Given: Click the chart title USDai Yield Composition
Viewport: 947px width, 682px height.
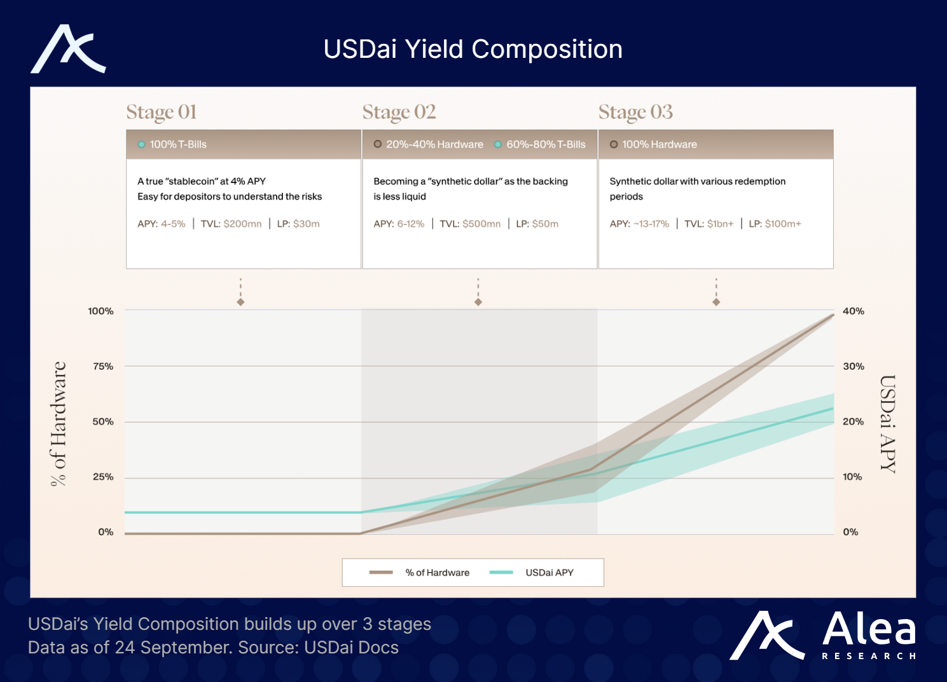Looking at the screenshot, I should tap(473, 50).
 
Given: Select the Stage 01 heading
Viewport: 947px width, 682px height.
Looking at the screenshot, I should tap(162, 112).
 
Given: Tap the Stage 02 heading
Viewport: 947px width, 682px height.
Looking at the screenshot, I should tap(399, 112).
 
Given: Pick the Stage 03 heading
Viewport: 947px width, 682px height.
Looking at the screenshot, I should tap(635, 112).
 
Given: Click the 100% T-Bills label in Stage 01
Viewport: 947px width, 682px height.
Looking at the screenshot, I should tap(178, 144).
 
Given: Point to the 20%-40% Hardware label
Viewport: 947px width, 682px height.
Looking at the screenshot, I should tap(434, 144).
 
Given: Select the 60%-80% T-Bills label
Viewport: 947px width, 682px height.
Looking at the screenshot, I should tap(546, 144).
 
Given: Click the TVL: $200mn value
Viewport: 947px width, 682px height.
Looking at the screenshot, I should tap(231, 224).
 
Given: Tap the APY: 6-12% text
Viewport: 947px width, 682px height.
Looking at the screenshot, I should tap(399, 224).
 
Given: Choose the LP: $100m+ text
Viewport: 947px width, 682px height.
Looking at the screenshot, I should tap(775, 224).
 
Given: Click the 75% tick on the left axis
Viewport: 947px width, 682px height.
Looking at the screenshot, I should tap(103, 366).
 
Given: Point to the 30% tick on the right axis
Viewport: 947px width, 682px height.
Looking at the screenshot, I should tap(854, 366).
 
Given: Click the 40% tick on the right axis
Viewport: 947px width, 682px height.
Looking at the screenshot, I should tap(854, 311).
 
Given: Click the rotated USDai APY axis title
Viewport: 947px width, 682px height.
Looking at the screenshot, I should tap(888, 424).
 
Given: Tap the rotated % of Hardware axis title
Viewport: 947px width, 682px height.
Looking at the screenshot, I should tap(59, 424).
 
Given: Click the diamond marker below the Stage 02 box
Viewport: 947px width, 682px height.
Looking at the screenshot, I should tap(478, 302).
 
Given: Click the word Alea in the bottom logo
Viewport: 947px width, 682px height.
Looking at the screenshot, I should tap(869, 629).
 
